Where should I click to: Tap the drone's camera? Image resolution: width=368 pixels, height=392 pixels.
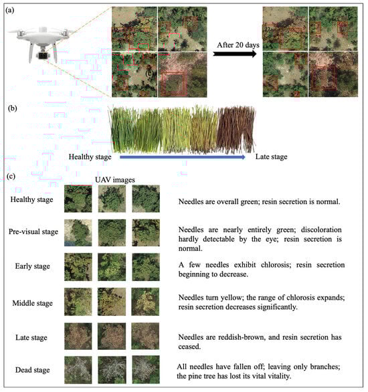tap(43, 56)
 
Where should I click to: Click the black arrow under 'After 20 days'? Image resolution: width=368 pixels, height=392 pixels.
tap(235, 54)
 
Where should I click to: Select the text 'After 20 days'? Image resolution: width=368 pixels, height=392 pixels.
tap(238, 45)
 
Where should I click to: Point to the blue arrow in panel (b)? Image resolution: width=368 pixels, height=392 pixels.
tap(183, 157)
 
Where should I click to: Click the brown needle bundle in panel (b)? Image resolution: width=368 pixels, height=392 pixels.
tap(236, 128)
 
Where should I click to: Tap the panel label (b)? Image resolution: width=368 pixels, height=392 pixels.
tap(13, 108)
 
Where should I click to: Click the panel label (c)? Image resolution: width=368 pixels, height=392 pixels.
tap(11, 176)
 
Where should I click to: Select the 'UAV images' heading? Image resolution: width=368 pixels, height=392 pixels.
tap(115, 180)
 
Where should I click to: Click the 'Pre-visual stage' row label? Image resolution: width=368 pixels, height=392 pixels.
tap(33, 231)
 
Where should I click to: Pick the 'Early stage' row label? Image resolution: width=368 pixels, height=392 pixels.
tap(33, 266)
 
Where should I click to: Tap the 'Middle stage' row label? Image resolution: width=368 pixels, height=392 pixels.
tap(33, 303)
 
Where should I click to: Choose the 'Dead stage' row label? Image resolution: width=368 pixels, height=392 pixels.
tap(33, 370)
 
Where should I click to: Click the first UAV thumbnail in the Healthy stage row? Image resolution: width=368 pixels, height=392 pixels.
tap(78, 199)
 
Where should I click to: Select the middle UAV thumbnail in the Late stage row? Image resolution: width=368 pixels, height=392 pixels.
tap(112, 336)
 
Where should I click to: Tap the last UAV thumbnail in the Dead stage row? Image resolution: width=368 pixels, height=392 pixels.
tap(145, 370)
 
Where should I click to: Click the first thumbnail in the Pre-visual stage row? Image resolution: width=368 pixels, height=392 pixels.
tap(78, 233)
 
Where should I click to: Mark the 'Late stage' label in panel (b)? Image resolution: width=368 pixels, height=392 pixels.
tap(271, 157)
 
